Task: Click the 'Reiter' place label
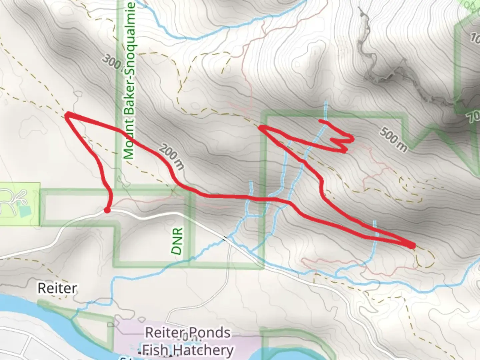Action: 57,288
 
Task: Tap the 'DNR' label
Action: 178,241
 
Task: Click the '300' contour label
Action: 111,63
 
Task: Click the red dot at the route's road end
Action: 107,210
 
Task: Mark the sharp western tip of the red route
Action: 67,115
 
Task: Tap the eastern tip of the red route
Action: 413,246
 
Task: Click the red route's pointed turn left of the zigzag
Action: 261,127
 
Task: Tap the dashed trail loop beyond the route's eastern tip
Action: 427,258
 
